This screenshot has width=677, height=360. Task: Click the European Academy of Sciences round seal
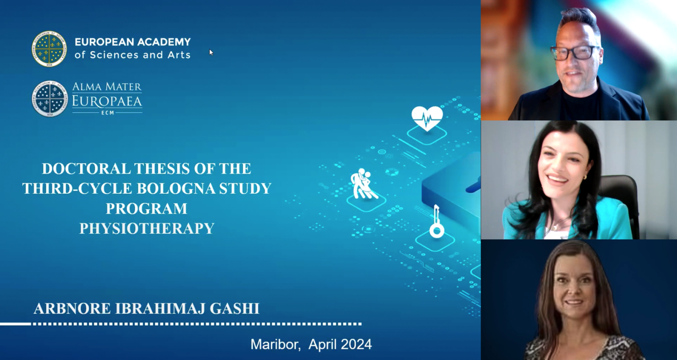click(49, 49)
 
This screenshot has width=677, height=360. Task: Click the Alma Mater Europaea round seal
click(50, 99)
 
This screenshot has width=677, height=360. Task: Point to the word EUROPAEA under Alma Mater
click(107, 101)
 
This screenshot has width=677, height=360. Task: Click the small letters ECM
click(107, 113)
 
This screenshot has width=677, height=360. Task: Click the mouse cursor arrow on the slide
click(211, 52)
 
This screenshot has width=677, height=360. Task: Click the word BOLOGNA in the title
click(176, 188)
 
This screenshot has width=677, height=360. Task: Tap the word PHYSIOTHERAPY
click(147, 228)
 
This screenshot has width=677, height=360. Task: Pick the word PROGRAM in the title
click(146, 208)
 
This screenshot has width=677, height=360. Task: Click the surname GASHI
click(234, 309)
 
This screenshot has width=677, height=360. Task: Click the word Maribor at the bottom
click(275, 344)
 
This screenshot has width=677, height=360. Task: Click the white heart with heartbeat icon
click(427, 118)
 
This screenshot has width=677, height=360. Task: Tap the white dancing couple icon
click(363, 184)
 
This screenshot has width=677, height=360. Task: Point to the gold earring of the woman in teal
click(586, 177)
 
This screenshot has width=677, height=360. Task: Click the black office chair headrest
click(619, 187)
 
